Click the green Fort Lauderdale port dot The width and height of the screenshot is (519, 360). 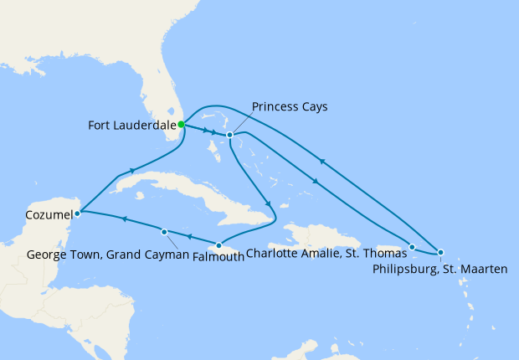tap(182, 125)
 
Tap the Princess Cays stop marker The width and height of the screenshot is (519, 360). tap(229, 135)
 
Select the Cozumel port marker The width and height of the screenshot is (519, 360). tap(77, 213)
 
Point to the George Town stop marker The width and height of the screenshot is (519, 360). tap(164, 232)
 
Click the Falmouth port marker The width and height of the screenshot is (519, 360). tap(218, 245)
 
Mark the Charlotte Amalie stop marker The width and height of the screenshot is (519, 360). tap(412, 247)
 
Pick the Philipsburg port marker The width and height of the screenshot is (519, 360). tap(441, 252)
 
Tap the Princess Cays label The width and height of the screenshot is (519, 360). tap(290, 106)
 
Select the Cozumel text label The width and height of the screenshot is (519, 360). tap(39, 214)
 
